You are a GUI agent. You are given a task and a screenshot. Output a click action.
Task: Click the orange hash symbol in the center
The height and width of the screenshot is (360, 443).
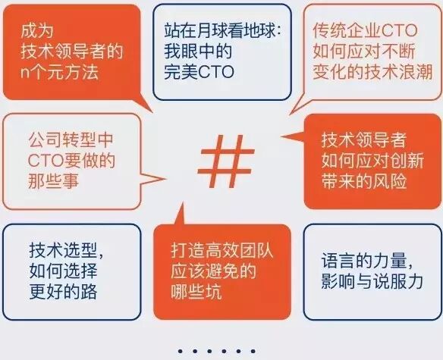[x=225, y=161]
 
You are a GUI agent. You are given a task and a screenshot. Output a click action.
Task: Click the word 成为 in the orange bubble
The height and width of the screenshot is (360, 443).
[x=37, y=30]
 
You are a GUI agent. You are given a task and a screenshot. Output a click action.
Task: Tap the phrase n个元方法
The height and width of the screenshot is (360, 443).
[x=60, y=72]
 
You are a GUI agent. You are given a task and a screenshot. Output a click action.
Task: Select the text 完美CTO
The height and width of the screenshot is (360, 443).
[x=199, y=72]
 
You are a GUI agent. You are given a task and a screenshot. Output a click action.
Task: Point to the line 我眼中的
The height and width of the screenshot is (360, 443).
[x=198, y=51]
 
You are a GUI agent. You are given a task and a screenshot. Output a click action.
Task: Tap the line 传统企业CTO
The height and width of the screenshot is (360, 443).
[x=365, y=30]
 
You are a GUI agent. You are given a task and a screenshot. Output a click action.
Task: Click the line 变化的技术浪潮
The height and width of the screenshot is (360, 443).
[x=372, y=72]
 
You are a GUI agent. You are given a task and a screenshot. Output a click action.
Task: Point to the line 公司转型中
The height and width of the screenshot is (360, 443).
[x=71, y=140]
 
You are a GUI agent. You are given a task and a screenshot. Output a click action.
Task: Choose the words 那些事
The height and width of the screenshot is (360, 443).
[x=53, y=180]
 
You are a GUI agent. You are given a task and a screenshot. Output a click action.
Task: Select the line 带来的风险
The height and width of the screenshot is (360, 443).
[x=364, y=180]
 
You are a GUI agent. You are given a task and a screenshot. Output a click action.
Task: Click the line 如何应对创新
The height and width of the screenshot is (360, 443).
[x=372, y=161]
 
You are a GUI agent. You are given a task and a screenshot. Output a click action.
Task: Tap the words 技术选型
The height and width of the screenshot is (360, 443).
[x=63, y=250]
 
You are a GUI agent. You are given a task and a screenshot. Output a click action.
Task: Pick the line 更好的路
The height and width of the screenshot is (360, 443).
[x=63, y=291]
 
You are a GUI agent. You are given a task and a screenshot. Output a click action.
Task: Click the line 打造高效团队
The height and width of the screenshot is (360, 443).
[x=222, y=250]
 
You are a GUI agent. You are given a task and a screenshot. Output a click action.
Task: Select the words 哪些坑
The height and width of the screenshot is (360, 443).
[x=196, y=291]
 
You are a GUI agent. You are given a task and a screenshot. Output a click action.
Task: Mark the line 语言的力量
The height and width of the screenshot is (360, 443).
[x=364, y=261]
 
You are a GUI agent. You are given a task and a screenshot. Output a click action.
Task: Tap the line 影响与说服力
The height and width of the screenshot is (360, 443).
[x=372, y=281]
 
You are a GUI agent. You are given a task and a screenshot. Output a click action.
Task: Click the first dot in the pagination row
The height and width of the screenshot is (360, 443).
[x=181, y=351]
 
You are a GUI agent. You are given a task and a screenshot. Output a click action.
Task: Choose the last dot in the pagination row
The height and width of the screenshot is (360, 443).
[x=253, y=351]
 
